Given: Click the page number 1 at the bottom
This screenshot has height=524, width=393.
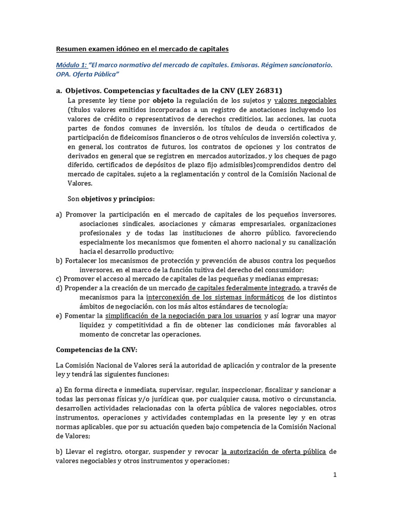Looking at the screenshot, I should (335, 474).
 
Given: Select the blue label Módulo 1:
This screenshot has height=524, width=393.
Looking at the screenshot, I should (71, 65).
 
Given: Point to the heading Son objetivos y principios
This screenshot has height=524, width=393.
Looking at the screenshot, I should (103, 198).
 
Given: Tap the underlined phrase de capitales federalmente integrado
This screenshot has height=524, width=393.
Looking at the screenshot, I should (244, 288).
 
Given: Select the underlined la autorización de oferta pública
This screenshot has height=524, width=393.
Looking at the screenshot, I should (273, 451).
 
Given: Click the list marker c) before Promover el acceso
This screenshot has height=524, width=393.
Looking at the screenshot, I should (59, 279).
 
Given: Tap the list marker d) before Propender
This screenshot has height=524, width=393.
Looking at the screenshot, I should (59, 288).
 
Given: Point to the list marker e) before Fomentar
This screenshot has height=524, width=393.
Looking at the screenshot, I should (59, 316).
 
